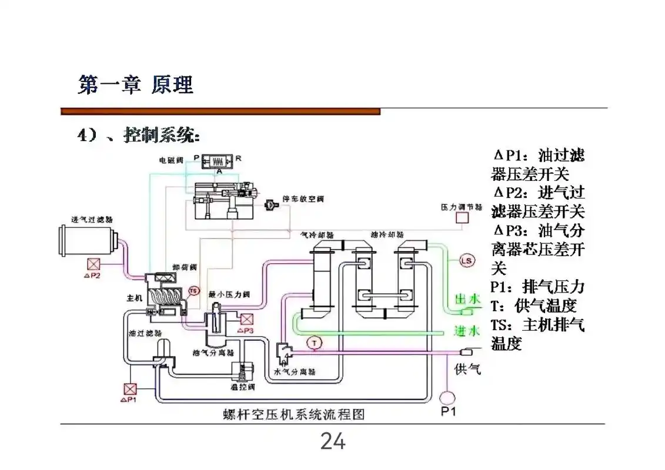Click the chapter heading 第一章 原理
click(x=136, y=85)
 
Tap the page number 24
click(x=332, y=441)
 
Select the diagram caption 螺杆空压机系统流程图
click(x=294, y=414)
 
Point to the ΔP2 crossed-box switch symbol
click(x=93, y=264)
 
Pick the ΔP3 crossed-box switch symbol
click(x=246, y=319)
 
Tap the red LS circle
click(x=466, y=261)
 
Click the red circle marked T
click(x=315, y=342)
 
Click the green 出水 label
click(x=467, y=300)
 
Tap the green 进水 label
click(x=467, y=331)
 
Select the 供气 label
click(x=467, y=369)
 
